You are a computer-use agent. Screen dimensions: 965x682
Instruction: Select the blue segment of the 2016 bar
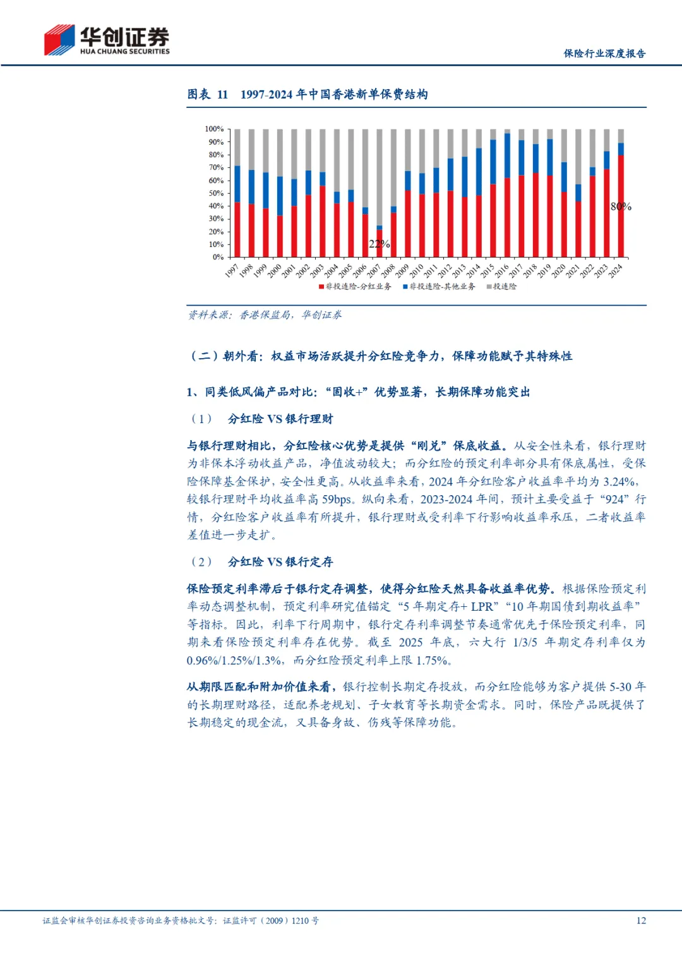click(x=507, y=155)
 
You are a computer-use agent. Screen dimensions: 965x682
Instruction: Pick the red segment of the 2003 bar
click(x=322, y=221)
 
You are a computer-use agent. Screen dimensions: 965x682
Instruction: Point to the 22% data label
click(x=379, y=244)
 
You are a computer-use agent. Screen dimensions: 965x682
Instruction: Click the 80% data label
click(x=621, y=207)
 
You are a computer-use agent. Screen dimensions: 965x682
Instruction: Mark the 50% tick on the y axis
click(x=216, y=193)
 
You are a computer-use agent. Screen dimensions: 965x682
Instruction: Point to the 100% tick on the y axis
click(x=214, y=129)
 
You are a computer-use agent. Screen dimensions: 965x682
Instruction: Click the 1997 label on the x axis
click(x=232, y=271)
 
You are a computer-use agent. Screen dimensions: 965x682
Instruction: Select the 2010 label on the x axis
click(x=416, y=271)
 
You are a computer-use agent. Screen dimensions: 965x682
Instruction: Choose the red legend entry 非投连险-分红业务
click(x=355, y=287)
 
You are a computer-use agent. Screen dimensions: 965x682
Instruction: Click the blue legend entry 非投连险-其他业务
click(x=439, y=287)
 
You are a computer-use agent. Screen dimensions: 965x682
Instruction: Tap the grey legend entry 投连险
click(x=501, y=287)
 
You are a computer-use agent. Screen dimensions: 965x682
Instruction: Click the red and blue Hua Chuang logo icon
click(x=59, y=40)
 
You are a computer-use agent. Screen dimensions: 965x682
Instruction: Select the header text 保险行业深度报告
click(x=604, y=54)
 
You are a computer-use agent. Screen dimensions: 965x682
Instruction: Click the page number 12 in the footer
click(x=641, y=921)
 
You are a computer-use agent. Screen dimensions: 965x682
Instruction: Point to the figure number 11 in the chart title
click(x=222, y=95)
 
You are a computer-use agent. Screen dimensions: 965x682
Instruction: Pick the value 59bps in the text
click(x=337, y=500)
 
